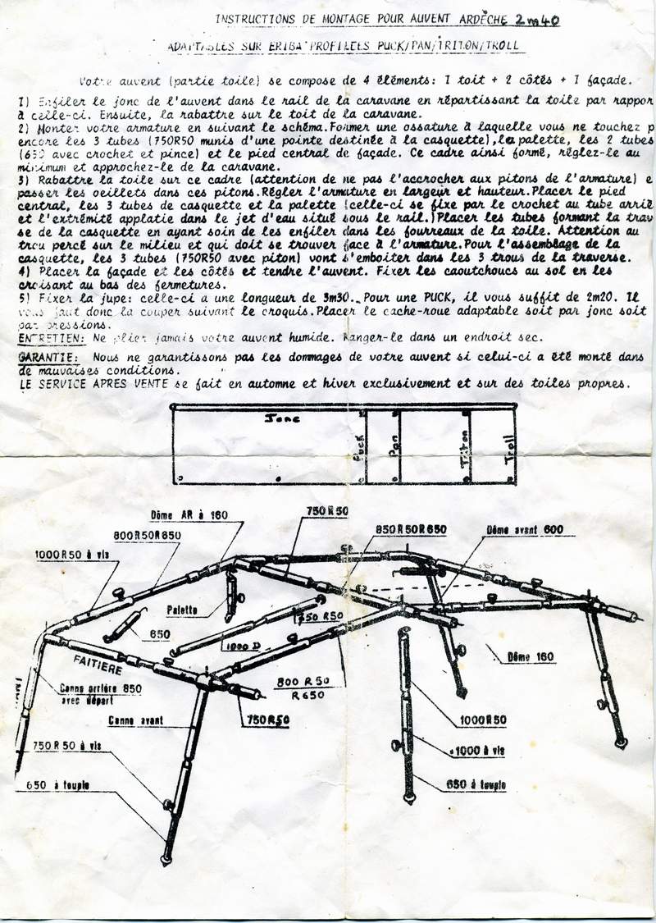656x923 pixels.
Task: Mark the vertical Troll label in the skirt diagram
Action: point(510,450)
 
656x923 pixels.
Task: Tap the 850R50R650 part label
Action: point(410,529)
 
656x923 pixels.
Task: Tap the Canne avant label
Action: point(134,720)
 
